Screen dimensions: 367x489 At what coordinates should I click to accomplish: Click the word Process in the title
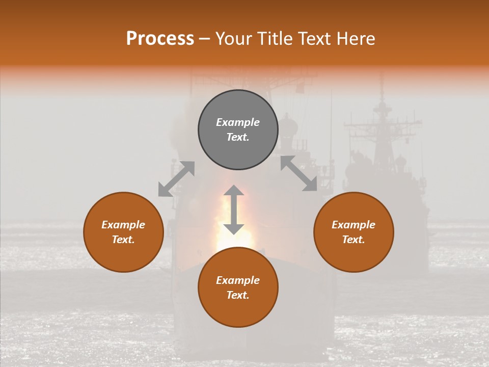[160, 39]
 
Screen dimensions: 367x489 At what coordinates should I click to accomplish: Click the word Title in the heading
[274, 39]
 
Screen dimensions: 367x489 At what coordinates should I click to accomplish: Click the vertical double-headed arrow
[234, 209]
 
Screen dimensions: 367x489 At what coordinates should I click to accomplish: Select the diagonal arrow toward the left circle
[176, 179]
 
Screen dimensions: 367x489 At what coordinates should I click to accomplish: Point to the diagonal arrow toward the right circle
[298, 174]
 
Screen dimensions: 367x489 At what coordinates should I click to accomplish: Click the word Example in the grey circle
[238, 122]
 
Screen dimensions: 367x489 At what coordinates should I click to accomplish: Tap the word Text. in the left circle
[123, 240]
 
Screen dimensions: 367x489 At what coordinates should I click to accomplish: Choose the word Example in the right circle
[354, 225]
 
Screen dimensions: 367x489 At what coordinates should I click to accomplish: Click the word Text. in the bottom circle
[238, 295]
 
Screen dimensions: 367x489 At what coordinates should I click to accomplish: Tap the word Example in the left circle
[123, 225]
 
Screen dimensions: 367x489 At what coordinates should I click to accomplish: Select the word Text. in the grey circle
[238, 137]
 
